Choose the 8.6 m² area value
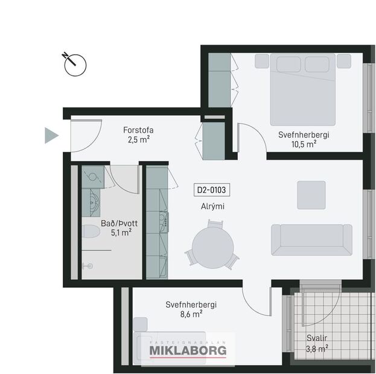(192, 314)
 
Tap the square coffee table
(311, 195)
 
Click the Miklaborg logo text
(188, 351)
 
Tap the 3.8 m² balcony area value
(316, 347)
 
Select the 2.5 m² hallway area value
(138, 139)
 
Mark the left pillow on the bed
(288, 63)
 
